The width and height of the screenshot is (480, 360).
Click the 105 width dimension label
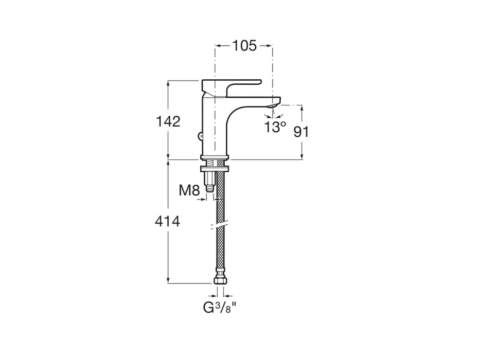244,46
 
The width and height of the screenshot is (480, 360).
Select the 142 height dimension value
168,122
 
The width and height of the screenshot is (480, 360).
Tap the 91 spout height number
301,132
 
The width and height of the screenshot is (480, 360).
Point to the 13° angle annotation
275,127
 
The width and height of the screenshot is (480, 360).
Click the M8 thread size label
189,191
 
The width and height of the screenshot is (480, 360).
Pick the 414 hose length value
168,222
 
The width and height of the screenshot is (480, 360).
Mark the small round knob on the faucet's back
200,136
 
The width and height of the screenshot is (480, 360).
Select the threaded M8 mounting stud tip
209,188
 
